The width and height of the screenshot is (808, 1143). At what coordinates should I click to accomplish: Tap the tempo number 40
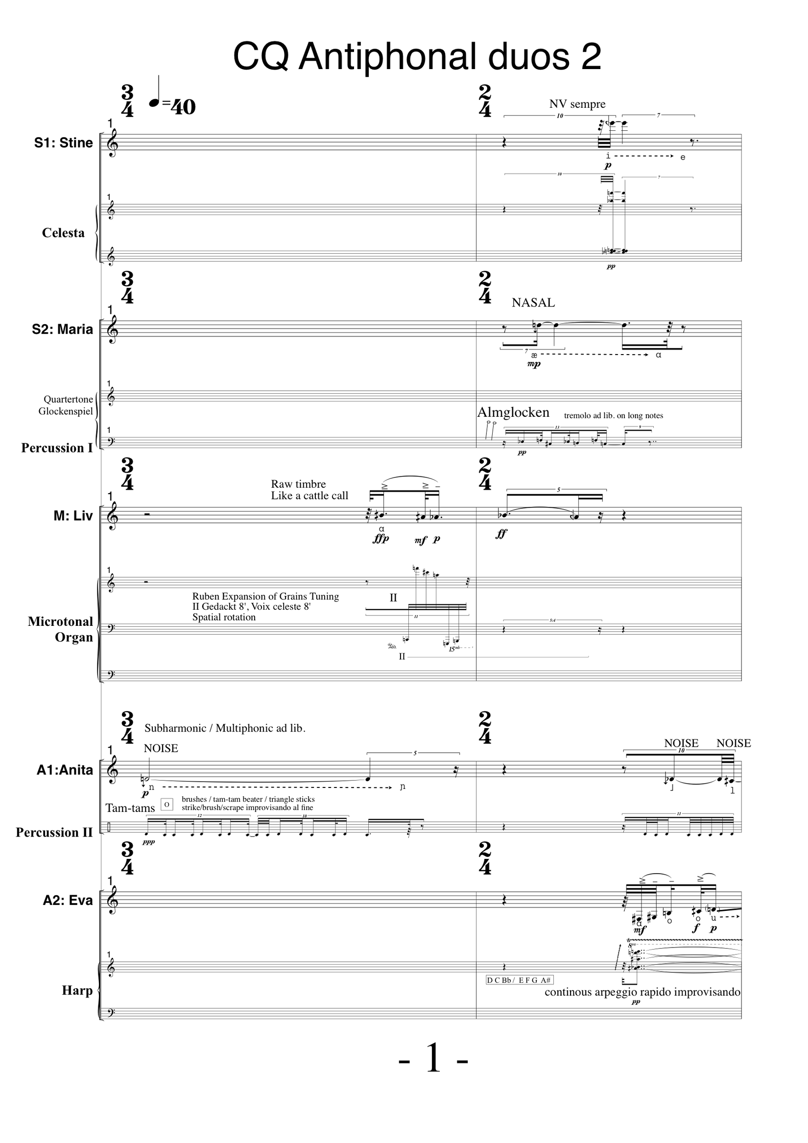click(183, 107)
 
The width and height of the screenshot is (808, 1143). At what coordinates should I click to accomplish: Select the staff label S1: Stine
click(63, 143)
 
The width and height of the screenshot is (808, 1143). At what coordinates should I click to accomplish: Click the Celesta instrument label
click(63, 233)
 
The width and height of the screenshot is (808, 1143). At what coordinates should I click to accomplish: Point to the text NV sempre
click(577, 104)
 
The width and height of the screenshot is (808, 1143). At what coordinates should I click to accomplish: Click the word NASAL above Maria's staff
click(533, 303)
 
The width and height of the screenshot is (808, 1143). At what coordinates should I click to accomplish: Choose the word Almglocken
click(513, 412)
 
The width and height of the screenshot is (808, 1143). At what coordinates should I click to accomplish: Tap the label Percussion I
click(57, 448)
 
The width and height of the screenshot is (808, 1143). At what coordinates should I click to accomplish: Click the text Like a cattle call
click(309, 495)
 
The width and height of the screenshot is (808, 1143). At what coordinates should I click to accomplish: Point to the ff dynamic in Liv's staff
click(501, 534)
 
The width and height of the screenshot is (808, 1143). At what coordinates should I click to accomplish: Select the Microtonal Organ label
click(61, 629)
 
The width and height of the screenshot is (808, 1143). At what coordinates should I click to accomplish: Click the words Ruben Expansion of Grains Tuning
click(265, 596)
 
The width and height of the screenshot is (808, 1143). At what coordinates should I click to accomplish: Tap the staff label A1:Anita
click(65, 770)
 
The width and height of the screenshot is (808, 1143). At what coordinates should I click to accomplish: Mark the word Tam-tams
click(130, 808)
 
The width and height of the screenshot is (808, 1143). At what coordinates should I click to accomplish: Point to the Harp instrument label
click(77, 990)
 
